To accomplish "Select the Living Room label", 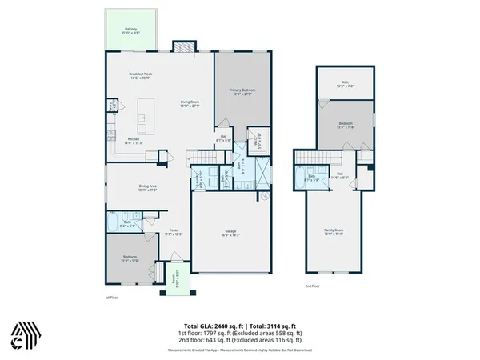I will pos(189,103).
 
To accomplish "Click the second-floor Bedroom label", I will pos(344,125).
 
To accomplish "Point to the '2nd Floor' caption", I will pos(312,286).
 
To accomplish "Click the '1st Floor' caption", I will pos(111,298).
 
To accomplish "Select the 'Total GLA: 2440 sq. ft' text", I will pos(210,326).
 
